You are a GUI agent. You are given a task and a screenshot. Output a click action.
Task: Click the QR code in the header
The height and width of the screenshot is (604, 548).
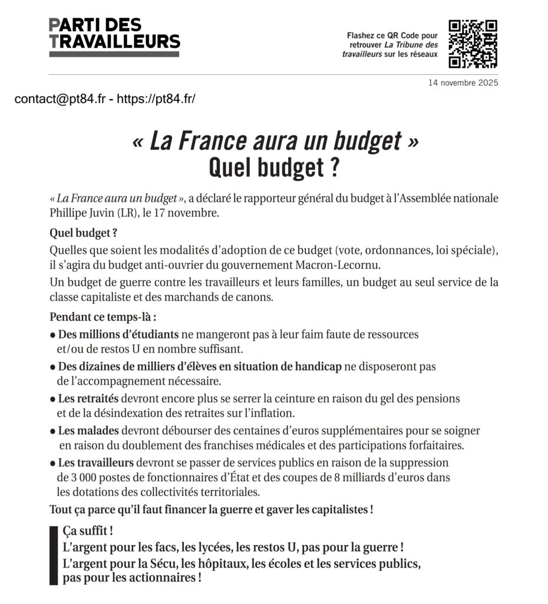[473, 44]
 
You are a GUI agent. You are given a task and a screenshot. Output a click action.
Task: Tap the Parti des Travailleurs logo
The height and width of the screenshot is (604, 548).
[114, 37]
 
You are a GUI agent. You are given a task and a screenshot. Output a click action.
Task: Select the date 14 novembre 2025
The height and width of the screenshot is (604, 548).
[463, 83]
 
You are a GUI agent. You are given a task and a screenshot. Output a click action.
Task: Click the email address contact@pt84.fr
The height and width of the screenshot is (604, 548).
[60, 99]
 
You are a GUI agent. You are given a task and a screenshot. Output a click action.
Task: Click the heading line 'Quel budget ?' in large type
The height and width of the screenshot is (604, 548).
[274, 168]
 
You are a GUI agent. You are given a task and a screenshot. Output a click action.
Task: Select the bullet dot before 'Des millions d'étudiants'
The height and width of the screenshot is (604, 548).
[52, 335]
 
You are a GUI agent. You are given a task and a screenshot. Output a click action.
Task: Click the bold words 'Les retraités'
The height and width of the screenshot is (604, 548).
[88, 399]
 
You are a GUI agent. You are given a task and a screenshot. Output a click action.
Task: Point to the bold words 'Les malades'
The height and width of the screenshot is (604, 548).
[88, 431]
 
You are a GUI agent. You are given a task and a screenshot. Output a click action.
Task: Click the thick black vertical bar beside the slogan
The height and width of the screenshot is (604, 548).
[53, 555]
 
